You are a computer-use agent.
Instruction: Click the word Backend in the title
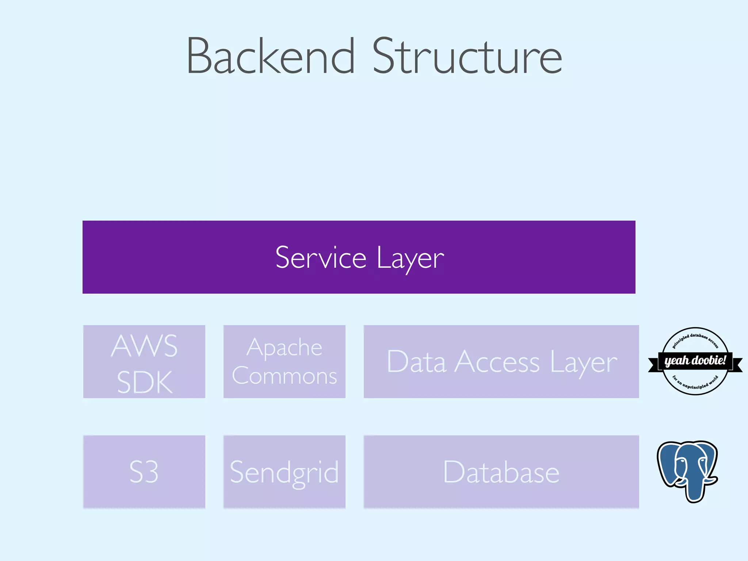270,57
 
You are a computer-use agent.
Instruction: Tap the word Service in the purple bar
321,257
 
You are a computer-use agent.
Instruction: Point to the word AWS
144,346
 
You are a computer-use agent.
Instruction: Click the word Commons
284,376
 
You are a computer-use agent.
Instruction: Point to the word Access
497,362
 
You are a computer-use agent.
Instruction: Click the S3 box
144,472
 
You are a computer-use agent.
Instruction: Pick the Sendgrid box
284,472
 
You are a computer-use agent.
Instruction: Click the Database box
501,472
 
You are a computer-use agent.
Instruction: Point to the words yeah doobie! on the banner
695,360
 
